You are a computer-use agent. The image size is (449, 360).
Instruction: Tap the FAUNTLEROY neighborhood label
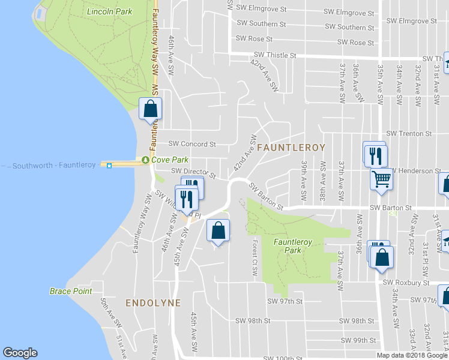pos(291,147)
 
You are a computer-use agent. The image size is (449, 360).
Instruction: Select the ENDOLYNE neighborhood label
pos(153,303)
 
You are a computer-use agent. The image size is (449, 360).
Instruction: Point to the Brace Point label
pos(71,291)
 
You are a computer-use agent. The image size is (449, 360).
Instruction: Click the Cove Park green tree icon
pos(145,160)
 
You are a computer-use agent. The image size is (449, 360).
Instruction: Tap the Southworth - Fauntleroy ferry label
pos(54,165)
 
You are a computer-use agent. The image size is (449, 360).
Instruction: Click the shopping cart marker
pos(382,178)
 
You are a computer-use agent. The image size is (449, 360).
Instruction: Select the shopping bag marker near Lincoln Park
pos(150,109)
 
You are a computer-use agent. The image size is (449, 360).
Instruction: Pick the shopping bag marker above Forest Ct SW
pos(218,230)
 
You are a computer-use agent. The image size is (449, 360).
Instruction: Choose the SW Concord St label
pos(191,144)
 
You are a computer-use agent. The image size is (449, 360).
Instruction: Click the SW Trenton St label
pos(409,133)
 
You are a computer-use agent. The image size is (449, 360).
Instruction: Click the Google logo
pos(20,353)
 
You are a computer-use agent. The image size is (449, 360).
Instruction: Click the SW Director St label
pos(193,172)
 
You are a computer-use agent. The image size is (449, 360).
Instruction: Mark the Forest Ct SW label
pos(255,258)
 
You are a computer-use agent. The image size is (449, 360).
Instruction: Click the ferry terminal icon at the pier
pos(109,166)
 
